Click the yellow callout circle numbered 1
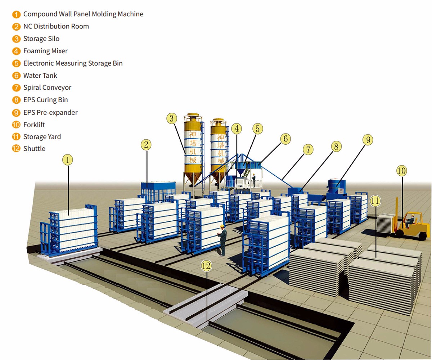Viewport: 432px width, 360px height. tap(68, 159)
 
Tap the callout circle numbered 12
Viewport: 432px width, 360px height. tap(206, 266)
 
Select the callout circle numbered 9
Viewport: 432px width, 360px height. tap(368, 140)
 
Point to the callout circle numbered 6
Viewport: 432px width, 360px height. tap(285, 138)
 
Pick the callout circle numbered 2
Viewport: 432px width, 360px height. tap(146, 145)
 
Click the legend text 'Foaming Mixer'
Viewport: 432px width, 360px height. tap(45, 51)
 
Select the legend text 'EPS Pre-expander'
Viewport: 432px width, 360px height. tap(50, 112)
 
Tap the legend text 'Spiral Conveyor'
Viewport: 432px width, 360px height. tap(47, 87)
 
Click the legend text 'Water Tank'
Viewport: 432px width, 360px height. tap(40, 75)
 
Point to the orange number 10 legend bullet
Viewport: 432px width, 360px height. tap(16, 125)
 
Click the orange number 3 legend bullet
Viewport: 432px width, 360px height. tap(16, 39)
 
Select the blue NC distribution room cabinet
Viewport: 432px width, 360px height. tap(157, 191)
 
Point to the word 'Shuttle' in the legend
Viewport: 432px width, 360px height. tap(34, 149)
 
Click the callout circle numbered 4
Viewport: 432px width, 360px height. tap(237, 128)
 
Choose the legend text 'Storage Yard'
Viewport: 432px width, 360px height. tap(42, 137)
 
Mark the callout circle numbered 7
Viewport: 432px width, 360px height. tap(308, 150)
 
